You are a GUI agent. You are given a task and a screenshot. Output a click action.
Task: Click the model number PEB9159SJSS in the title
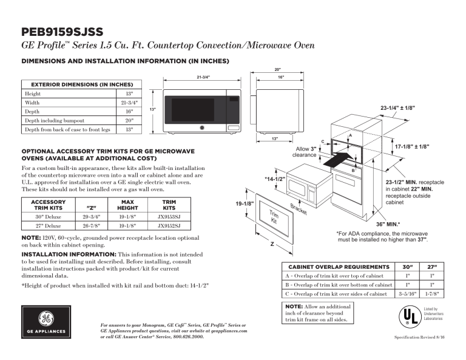(x=62, y=31)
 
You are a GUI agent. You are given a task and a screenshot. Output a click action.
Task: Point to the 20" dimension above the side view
(x=277, y=69)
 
